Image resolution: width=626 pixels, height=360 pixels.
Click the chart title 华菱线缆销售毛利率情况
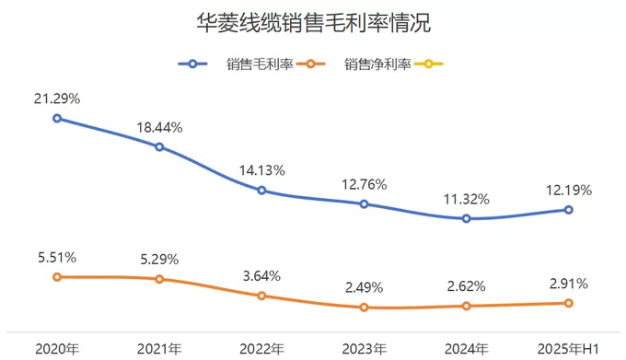313,23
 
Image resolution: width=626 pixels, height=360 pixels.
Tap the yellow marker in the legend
430,64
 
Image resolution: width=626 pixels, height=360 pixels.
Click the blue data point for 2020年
57,118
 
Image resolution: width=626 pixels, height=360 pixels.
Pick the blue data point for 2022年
261,191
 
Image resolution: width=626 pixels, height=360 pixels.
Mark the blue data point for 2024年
467,218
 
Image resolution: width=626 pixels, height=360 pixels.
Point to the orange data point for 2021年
159,279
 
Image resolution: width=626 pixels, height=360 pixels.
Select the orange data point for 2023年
365,308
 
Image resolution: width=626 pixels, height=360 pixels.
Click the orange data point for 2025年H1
569,303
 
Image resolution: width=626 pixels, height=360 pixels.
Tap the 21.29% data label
57,99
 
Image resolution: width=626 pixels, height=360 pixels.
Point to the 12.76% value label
365,184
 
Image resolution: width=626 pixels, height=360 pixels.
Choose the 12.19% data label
569,191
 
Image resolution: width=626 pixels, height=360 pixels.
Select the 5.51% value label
57,257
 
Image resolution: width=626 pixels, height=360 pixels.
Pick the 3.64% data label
261,276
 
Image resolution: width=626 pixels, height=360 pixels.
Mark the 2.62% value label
467,286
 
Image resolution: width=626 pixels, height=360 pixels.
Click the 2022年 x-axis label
261,349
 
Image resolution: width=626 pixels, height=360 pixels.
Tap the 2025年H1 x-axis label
569,349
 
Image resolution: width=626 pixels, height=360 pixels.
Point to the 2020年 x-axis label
57,349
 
